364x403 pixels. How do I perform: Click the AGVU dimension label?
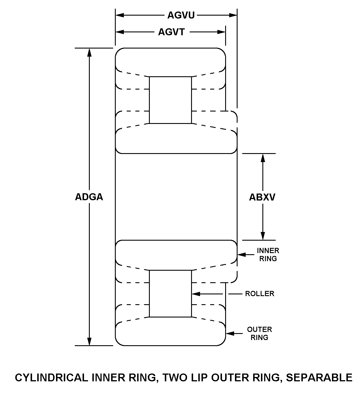[181, 15]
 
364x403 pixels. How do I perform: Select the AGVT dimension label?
[171, 32]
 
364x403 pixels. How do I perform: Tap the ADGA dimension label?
[89, 197]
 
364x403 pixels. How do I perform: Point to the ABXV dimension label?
[262, 197]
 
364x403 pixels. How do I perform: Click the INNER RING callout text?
[268, 255]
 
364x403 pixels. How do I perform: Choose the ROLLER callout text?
[260, 294]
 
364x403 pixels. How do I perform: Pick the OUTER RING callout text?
[259, 333]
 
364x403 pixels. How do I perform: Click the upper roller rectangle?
[170, 100]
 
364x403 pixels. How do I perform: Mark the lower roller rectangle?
[170, 294]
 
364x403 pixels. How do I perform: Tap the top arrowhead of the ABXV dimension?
[263, 158]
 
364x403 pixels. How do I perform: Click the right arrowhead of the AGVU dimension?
[233, 15]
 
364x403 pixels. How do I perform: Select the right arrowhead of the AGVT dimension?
[221, 32]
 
